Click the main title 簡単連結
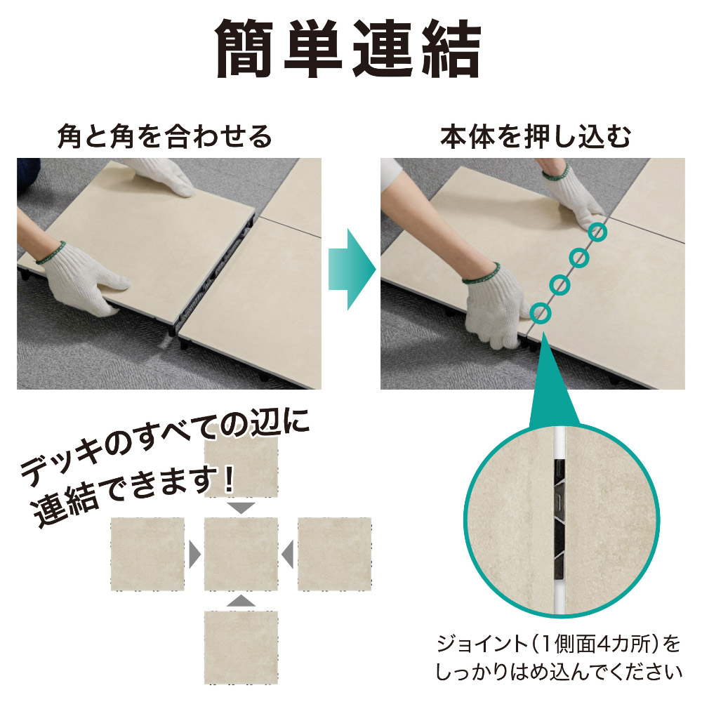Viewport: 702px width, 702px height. tap(348, 49)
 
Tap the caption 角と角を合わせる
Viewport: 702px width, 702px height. tap(165, 137)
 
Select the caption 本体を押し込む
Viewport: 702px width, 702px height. tap(536, 137)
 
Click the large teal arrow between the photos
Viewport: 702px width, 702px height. tap(352, 270)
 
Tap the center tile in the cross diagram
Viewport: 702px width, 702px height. tap(241, 555)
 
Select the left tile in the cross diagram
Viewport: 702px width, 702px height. tap(147, 555)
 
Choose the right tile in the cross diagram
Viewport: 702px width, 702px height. tap(334, 555)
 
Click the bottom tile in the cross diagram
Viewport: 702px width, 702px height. tap(241, 647)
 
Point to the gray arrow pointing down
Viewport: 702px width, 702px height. tap(241, 508)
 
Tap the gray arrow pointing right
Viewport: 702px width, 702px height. tap(194, 555)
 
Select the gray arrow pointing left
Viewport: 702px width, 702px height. tap(288, 555)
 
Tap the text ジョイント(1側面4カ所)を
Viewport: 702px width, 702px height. tap(558, 644)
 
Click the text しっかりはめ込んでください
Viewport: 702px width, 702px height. tap(558, 673)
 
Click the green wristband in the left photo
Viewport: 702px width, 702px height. tap(50, 253)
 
